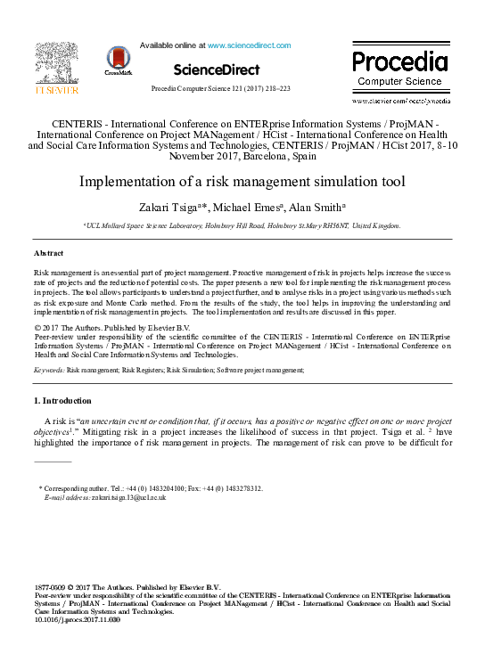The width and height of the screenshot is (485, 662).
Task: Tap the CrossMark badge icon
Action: click(x=117, y=61)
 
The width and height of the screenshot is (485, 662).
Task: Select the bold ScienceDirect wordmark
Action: click(x=217, y=69)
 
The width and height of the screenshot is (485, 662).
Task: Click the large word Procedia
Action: click(x=399, y=61)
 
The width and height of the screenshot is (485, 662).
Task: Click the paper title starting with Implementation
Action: click(x=242, y=183)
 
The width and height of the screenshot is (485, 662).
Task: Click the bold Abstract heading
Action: click(x=48, y=254)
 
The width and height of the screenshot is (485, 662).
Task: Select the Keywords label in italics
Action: click(x=48, y=368)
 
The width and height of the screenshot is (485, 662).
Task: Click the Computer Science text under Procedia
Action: click(x=399, y=81)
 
